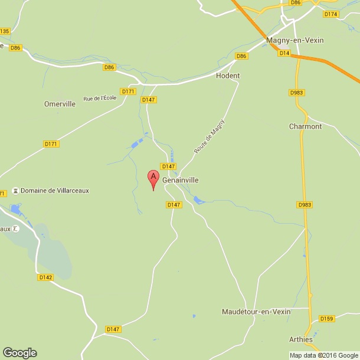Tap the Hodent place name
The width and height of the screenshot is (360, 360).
(x=228, y=76)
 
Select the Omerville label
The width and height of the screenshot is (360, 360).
(x=60, y=104)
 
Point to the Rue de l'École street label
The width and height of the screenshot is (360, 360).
(x=100, y=98)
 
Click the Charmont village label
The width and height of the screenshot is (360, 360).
(x=305, y=126)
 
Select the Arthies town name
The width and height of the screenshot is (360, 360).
(x=301, y=339)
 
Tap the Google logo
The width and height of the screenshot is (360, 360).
(x=19, y=352)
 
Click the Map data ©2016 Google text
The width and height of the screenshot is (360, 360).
(x=323, y=355)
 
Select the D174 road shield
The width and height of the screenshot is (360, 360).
(x=331, y=14)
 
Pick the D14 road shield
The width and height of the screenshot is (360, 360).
(x=285, y=53)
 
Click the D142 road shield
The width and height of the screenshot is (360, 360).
(x=45, y=277)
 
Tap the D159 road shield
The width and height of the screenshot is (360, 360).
(x=326, y=319)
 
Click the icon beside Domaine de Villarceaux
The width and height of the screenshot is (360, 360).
(x=16, y=191)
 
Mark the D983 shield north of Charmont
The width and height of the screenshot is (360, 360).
(x=296, y=93)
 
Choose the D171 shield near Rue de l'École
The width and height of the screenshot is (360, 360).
(x=128, y=91)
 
